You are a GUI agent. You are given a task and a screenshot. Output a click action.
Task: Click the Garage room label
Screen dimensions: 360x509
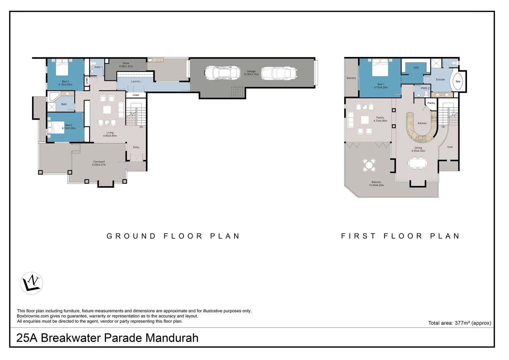tap(251, 71)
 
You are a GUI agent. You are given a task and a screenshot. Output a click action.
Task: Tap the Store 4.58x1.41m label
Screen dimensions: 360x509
tap(126, 65)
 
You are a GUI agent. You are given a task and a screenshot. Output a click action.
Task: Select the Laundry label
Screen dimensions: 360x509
tap(136, 81)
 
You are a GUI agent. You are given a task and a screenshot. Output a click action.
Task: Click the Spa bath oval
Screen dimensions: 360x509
tap(458, 81)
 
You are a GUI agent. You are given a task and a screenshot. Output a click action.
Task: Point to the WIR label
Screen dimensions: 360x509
tap(416, 68)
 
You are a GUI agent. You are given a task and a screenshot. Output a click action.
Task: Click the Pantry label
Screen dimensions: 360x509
tap(431, 103)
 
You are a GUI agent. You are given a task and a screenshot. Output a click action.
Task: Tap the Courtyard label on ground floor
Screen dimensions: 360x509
tap(99, 163)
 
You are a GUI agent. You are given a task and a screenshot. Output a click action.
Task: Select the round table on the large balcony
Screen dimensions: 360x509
tap(369, 165)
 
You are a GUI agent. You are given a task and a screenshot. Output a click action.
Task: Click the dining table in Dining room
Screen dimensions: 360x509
tap(418, 163)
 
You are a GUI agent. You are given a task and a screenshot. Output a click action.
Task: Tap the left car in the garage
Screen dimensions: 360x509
tap(223, 73)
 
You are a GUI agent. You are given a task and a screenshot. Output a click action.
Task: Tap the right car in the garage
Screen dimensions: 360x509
tap(279, 73)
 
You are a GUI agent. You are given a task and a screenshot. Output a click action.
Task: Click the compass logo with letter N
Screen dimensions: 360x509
tap(32, 283)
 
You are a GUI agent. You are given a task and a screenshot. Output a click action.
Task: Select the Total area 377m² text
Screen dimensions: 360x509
tap(459, 323)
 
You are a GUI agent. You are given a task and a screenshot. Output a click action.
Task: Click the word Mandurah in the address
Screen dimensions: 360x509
tap(172, 338)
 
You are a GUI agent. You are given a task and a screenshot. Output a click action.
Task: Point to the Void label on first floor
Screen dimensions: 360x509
tap(450, 147)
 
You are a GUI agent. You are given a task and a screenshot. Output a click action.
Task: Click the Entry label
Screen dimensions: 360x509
tap(136, 147)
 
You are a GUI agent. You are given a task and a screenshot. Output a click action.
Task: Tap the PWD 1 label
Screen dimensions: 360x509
tap(98, 67)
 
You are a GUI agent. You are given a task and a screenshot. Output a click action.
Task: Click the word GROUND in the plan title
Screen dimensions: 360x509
tap(131, 236)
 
